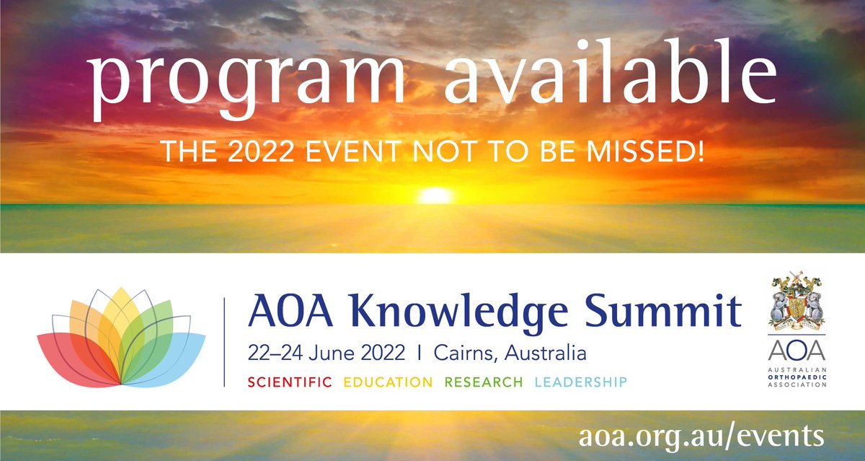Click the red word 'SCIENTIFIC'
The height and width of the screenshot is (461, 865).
(x=290, y=382)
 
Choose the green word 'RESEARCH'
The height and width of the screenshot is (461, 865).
(x=484, y=382)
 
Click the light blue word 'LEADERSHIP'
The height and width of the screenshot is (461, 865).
(x=581, y=382)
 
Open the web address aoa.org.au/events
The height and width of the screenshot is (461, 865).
(x=701, y=436)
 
